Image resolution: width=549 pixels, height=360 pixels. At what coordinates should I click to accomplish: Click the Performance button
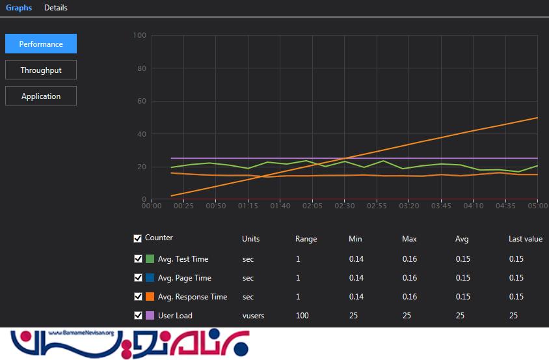(x=41, y=44)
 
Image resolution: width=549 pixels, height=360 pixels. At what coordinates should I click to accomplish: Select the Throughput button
(x=41, y=70)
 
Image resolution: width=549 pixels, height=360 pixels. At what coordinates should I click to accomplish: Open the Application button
(x=41, y=96)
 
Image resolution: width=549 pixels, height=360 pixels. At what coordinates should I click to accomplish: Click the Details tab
(x=56, y=8)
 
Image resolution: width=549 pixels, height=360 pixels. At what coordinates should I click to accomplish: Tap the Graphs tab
(x=19, y=8)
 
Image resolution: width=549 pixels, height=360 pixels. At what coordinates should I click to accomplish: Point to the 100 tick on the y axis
(x=139, y=35)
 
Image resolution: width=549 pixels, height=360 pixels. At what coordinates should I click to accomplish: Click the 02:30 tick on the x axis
(x=345, y=206)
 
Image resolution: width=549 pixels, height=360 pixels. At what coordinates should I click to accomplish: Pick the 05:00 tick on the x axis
(x=537, y=206)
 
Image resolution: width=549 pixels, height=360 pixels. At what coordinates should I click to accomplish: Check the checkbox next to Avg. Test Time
(x=138, y=259)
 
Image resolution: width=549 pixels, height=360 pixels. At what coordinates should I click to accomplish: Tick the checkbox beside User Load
(x=138, y=316)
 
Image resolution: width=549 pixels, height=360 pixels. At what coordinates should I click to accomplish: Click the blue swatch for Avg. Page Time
(x=150, y=278)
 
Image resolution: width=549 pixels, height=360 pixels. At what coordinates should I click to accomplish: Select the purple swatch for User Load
(x=150, y=316)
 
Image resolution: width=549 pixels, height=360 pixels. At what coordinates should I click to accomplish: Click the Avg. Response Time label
(x=193, y=297)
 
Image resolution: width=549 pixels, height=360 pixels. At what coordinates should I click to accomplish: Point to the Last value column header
(x=525, y=239)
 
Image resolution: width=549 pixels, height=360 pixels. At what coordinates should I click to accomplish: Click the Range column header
(x=306, y=239)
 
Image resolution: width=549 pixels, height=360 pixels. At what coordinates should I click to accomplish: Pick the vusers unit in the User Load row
(x=253, y=316)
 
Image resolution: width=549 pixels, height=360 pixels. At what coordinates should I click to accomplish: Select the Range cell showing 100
(x=302, y=316)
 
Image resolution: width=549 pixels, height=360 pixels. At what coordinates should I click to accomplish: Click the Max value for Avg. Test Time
(x=409, y=259)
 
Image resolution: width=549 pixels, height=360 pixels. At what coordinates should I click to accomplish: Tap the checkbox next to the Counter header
(x=138, y=238)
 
